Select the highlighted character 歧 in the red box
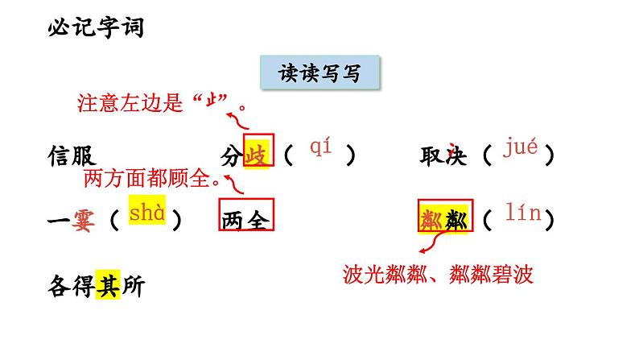(257, 155)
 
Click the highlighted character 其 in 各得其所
(107, 287)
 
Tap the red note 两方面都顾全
(151, 179)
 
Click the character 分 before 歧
(232, 155)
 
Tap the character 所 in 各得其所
(131, 287)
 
